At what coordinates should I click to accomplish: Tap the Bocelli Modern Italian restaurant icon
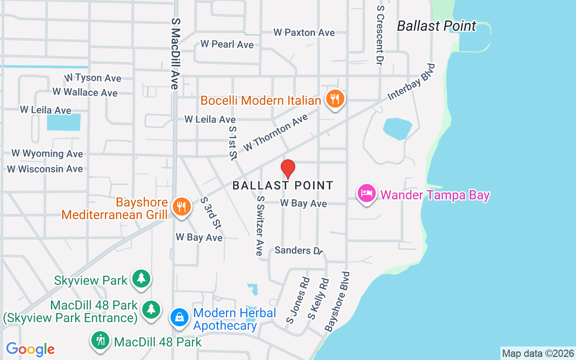tap(334, 99)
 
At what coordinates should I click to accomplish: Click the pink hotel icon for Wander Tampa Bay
tap(367, 193)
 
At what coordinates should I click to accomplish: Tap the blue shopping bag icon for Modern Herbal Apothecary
tap(180, 317)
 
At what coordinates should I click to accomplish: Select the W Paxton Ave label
tap(304, 32)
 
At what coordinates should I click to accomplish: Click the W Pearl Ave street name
tap(227, 44)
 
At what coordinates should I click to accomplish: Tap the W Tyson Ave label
tap(93, 78)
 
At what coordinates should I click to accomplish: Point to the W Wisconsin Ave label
tap(45, 169)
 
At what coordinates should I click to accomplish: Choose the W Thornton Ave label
tap(275, 133)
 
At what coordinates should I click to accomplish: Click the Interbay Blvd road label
tap(412, 81)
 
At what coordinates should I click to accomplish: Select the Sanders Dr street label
tap(299, 250)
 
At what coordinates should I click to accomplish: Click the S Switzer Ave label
tap(259, 225)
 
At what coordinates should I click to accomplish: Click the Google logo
tap(30, 349)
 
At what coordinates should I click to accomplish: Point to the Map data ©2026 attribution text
tap(538, 353)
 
